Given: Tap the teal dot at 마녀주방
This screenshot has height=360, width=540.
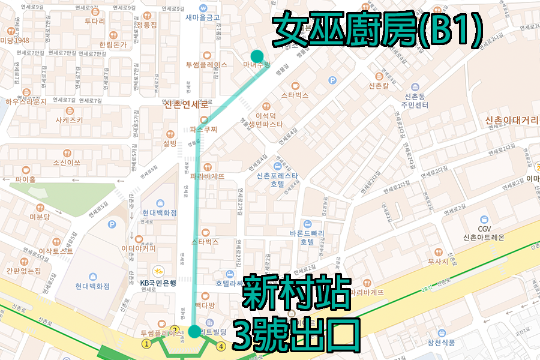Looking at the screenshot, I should (257, 55).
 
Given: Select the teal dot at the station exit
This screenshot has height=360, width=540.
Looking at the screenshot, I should (194, 331).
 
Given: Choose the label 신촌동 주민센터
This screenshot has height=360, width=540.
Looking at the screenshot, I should (416, 100).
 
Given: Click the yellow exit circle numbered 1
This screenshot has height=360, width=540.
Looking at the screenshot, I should (146, 344).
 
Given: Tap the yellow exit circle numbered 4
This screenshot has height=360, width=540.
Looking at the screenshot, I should (221, 346).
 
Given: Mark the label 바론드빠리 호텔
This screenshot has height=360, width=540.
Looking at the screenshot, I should (306, 238).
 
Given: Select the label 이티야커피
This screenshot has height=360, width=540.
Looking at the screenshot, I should (138, 247).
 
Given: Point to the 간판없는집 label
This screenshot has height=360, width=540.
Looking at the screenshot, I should (24, 270).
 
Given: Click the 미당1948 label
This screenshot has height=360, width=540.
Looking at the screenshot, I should (14, 40).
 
